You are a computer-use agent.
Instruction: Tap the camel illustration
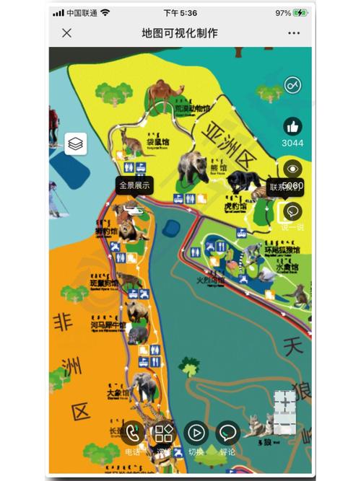coord(162,94)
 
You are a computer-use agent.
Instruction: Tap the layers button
coord(76,144)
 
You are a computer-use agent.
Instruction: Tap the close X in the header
coord(67,33)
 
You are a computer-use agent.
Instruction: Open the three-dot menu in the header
coord(294,33)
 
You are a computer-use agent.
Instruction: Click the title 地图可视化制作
coord(180,33)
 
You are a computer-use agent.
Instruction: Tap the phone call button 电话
coord(132,433)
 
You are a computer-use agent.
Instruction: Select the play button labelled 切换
coord(196,433)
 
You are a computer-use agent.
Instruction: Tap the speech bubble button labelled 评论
coord(228,433)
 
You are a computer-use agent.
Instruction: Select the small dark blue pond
coord(172,229)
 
